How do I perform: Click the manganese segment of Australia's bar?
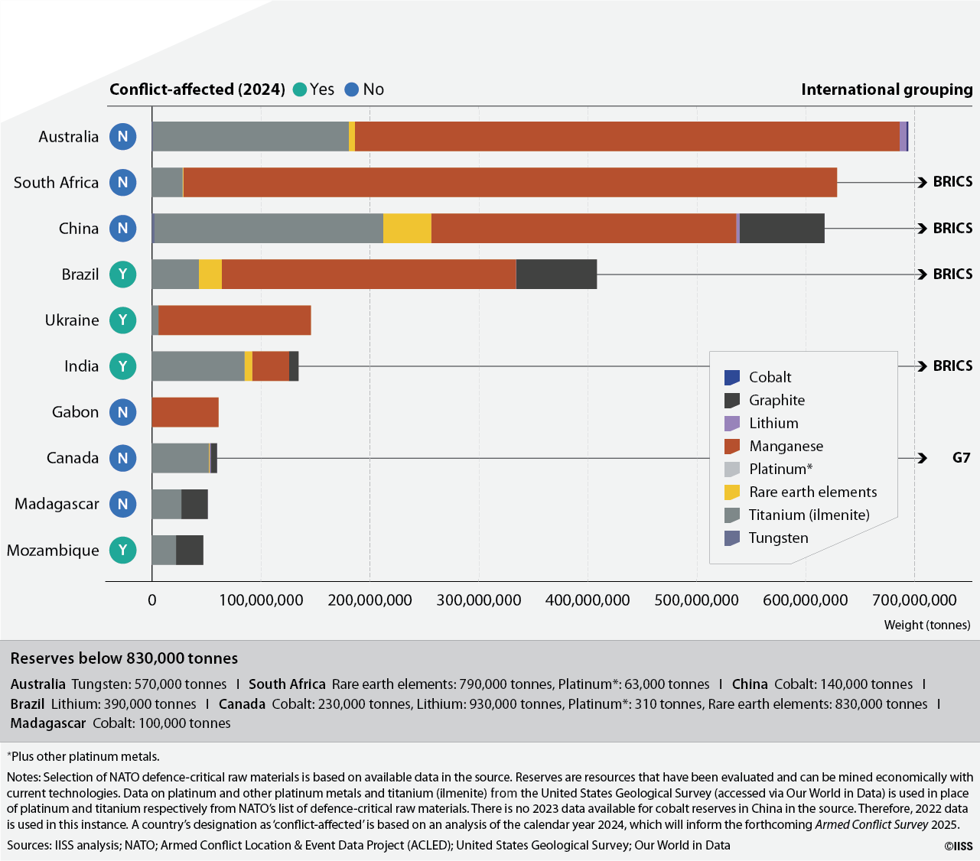[627, 136]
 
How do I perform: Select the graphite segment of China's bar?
[782, 228]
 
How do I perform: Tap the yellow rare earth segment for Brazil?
[210, 274]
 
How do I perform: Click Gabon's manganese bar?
[185, 412]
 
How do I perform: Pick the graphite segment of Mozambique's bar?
[190, 550]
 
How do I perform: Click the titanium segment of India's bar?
[198, 366]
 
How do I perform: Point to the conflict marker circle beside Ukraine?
[123, 320]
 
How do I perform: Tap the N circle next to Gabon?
[123, 412]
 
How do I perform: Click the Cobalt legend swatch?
[732, 377]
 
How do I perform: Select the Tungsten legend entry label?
[778, 538]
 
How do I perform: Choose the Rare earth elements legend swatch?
[732, 492]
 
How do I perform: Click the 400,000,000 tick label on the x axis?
[588, 600]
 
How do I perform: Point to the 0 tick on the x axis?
[152, 600]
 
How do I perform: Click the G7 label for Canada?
[961, 457]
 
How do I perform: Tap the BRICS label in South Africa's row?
[952, 181]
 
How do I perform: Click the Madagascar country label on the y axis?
[57, 504]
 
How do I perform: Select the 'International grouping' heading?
[887, 89]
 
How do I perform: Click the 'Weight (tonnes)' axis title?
[926, 625]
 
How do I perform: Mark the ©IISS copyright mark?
[959, 846]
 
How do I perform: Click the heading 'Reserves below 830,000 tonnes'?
[124, 658]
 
